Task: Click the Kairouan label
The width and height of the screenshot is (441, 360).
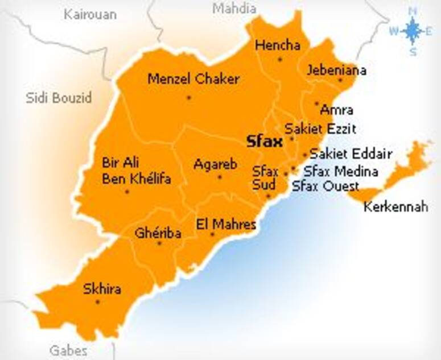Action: click(90, 14)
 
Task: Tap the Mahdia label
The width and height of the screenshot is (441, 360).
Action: click(234, 9)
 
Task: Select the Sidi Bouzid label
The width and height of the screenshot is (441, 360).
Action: click(59, 98)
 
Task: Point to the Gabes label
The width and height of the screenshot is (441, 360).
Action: click(69, 349)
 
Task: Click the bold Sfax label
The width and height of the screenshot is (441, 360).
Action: click(264, 142)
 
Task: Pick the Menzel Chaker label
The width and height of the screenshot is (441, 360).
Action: click(193, 79)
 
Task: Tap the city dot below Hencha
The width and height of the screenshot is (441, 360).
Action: click(279, 59)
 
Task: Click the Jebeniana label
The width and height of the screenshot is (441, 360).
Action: click(336, 71)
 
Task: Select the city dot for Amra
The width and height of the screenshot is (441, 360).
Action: click(317, 104)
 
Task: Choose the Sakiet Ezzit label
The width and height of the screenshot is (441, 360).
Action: click(320, 128)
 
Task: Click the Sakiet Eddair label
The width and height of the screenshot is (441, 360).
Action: click(351, 154)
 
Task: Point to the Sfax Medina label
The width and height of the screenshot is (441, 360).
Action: click(341, 171)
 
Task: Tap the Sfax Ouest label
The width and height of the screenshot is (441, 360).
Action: click(325, 186)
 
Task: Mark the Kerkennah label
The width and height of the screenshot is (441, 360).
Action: click(395, 206)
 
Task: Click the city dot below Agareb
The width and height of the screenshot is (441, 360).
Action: click(220, 177)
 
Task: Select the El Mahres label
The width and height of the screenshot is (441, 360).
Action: click(226, 224)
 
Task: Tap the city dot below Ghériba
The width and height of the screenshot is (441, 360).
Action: click(159, 243)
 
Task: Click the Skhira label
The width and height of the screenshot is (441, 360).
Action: click(102, 289)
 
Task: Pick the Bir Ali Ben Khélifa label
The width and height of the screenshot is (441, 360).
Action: click(136, 171)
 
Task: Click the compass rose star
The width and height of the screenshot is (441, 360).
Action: click(413, 31)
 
